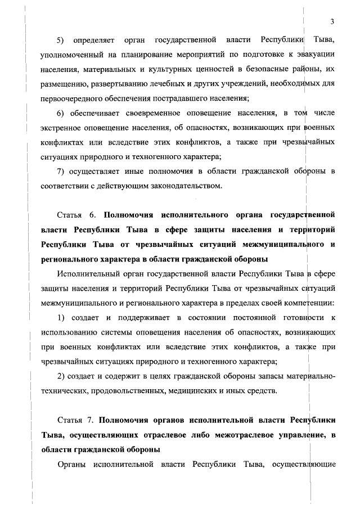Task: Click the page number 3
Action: [332, 22]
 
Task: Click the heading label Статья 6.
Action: [78, 215]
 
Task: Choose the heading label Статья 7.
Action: [78, 420]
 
